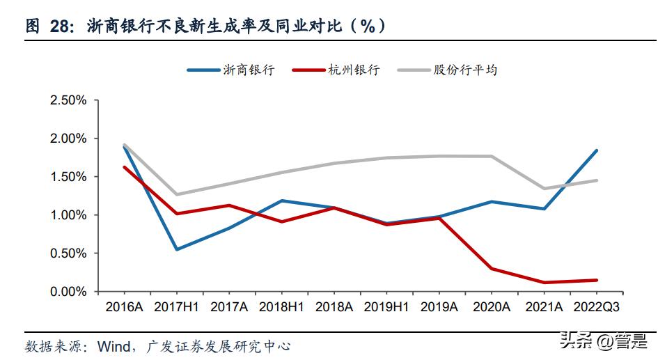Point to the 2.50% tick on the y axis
(68, 100)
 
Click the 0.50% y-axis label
(68, 253)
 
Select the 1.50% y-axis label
(68, 177)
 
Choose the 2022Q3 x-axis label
(596, 307)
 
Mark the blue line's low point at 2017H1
(176, 249)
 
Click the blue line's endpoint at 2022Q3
(597, 150)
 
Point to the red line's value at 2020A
(492, 268)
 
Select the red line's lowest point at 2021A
(544, 283)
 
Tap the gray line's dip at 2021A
(544, 188)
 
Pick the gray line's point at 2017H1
(176, 194)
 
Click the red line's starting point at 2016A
(124, 167)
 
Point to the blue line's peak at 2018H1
(281, 201)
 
